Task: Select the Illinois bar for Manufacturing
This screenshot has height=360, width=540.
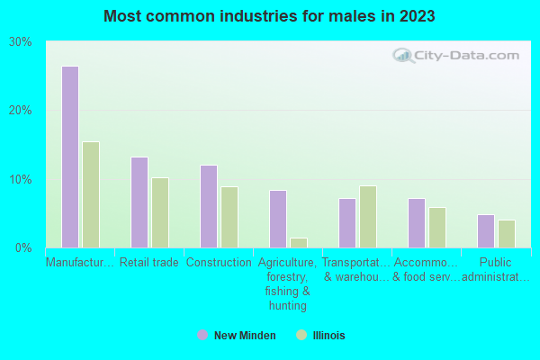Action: [91, 194]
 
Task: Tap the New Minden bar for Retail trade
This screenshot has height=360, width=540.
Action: [139, 202]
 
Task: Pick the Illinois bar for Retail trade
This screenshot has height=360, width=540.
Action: [160, 212]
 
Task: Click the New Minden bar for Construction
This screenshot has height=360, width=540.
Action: [209, 206]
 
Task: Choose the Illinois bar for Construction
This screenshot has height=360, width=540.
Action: [229, 217]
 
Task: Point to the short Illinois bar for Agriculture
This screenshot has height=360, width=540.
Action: [299, 242]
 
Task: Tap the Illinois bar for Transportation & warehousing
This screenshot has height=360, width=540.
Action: [368, 216]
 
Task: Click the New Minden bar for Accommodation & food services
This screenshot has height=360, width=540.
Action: [417, 222]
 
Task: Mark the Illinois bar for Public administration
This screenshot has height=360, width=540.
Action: [507, 233]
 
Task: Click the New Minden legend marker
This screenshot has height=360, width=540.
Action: [202, 336]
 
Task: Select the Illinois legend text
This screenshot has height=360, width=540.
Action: [328, 336]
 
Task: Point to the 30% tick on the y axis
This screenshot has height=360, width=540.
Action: [21, 41]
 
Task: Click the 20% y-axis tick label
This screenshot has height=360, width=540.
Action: [21, 110]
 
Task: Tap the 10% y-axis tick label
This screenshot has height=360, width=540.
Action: [21, 179]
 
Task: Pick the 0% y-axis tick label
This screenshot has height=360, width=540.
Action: [24, 247]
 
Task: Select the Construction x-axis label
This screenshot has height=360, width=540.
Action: [219, 263]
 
